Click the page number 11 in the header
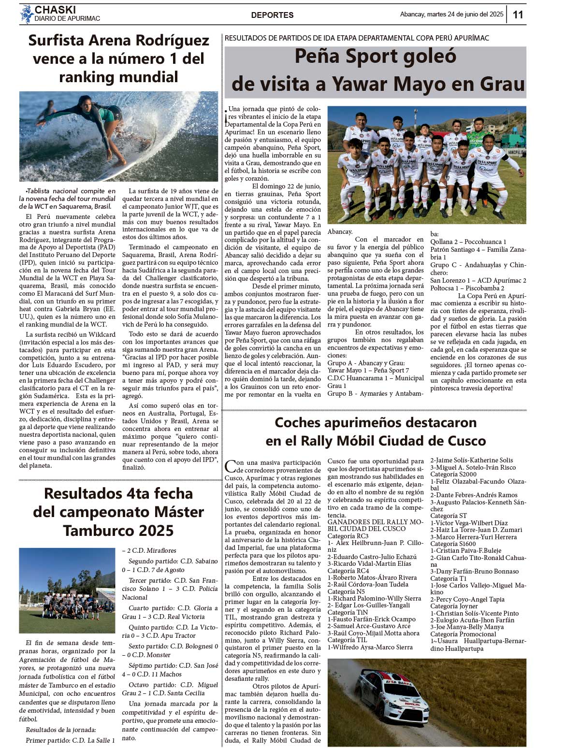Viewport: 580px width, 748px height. click(x=518, y=14)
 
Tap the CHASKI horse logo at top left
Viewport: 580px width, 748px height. click(x=26, y=14)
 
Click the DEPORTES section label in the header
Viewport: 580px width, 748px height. click(x=272, y=15)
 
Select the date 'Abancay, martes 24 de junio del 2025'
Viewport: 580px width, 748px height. click(x=451, y=14)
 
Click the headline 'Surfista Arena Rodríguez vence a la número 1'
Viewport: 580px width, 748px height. click(x=118, y=58)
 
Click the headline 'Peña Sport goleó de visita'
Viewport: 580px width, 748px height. click(x=376, y=71)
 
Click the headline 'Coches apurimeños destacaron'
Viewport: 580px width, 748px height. click(x=376, y=432)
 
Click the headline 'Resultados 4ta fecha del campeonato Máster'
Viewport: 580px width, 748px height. click(x=118, y=512)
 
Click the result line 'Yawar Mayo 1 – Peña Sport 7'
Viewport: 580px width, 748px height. click(x=368, y=370)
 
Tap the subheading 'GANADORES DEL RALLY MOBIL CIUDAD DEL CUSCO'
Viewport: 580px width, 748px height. click(x=368, y=525)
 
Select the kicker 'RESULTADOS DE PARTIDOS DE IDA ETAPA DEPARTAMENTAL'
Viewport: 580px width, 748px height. click(x=357, y=38)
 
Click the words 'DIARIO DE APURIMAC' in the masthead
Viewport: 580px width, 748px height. click(x=67, y=19)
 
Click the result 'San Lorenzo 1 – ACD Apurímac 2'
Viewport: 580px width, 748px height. click(x=478, y=280)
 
